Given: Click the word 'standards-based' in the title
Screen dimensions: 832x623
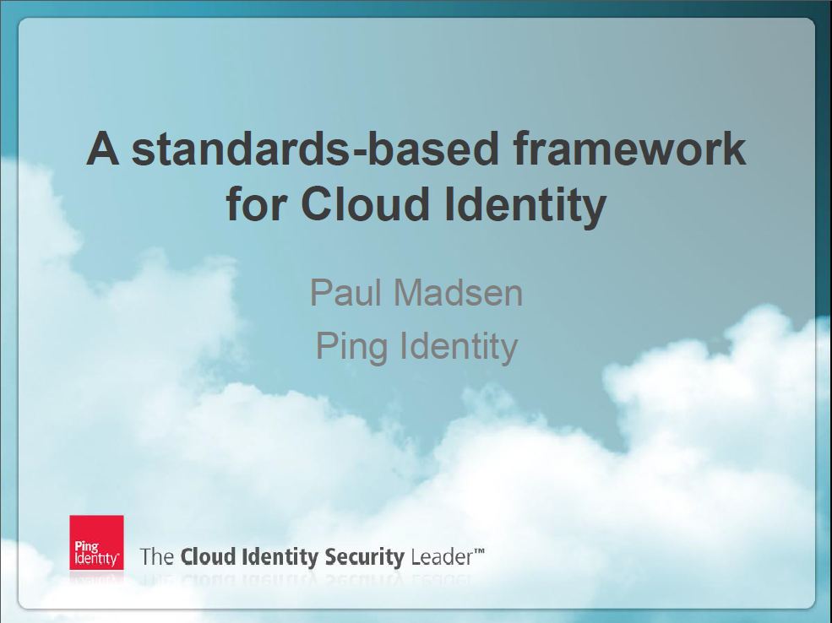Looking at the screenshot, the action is click(315, 149).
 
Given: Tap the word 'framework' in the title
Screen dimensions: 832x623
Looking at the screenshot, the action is click(630, 149).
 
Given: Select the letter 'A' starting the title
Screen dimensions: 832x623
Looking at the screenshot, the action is click(102, 149).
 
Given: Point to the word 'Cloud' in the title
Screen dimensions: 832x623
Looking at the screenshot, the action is click(365, 203).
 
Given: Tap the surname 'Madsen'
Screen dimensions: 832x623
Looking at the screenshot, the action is click(458, 292).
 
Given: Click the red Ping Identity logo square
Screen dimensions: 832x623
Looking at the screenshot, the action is click(96, 543).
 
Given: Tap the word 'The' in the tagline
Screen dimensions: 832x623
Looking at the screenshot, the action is click(157, 556).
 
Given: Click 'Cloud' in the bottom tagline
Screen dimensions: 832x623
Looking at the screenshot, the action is click(208, 556).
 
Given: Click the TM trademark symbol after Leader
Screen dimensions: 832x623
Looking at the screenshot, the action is click(479, 551).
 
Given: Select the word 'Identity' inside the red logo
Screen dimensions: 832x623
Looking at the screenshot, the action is click(96, 558).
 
